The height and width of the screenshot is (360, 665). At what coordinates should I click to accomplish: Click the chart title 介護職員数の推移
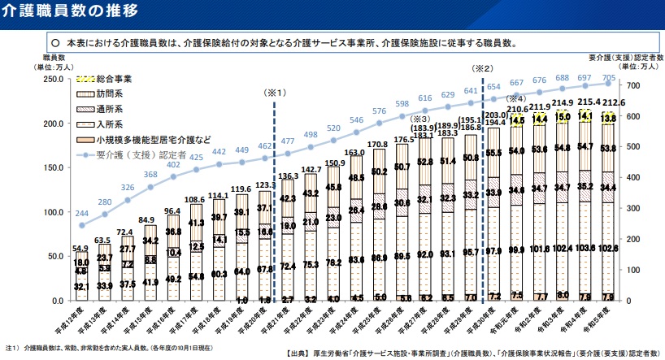[69, 11]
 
